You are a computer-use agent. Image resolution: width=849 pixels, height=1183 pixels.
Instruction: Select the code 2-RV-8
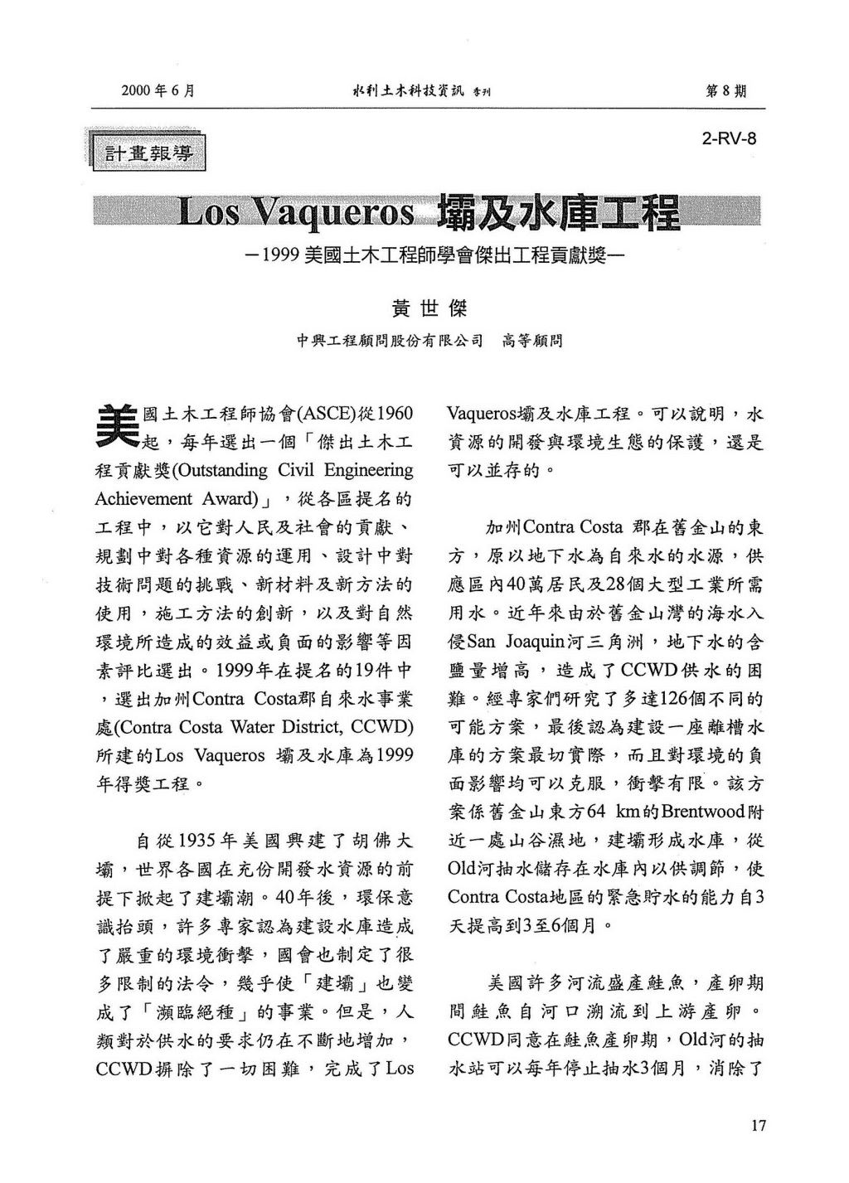point(729,138)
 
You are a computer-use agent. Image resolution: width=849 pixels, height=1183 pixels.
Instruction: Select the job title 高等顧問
point(532,341)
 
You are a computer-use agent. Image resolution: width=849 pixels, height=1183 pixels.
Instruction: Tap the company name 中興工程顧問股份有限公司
point(390,341)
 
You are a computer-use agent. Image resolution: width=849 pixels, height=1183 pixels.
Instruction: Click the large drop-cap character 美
point(119,424)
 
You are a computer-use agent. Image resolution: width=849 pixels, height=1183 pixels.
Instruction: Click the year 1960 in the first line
point(394,413)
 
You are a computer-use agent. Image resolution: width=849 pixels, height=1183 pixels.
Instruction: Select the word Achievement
point(143,499)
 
